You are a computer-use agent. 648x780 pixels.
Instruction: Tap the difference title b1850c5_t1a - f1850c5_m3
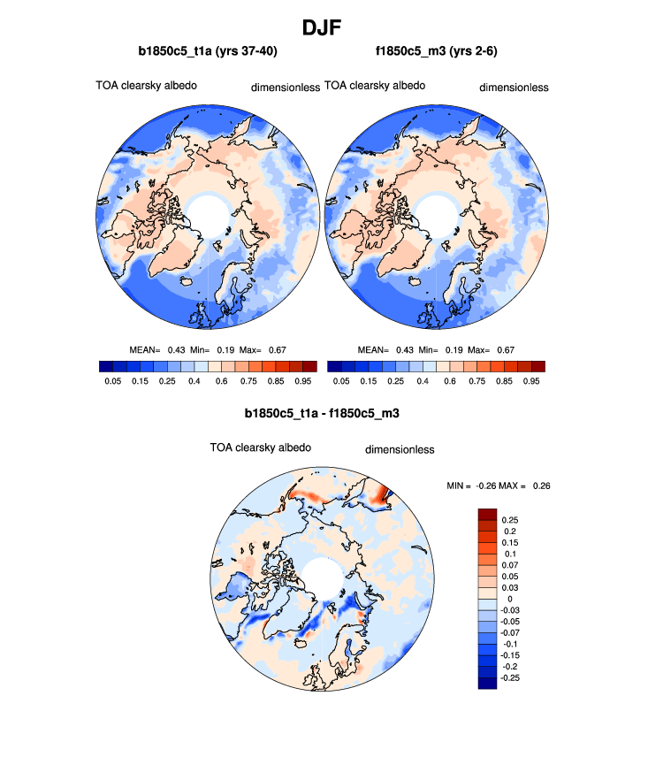323,413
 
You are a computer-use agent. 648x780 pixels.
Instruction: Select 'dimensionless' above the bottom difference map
400,449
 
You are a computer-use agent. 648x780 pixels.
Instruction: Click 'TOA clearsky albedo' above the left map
146,86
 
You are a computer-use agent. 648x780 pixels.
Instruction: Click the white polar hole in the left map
210,214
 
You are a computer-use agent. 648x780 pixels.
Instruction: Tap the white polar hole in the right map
437,214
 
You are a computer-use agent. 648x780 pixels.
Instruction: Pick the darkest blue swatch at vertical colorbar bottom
487,683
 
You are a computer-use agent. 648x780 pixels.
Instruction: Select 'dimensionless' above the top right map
514,88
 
